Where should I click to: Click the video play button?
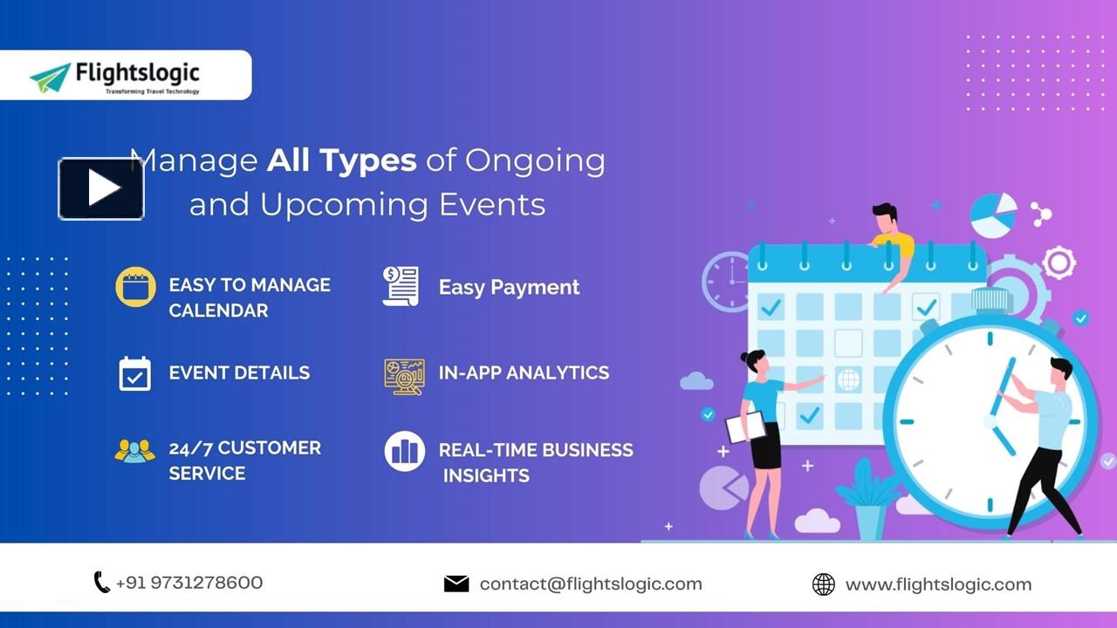(x=101, y=188)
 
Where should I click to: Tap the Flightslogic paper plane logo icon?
(x=51, y=78)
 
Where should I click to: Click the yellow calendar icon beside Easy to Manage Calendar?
(x=135, y=287)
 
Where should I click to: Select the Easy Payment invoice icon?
(x=401, y=286)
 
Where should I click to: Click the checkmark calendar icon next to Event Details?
(x=135, y=373)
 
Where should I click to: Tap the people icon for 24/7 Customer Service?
(x=134, y=451)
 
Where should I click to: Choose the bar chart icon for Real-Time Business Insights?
(x=404, y=451)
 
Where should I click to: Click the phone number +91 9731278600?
(x=188, y=583)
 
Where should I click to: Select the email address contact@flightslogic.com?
(x=590, y=584)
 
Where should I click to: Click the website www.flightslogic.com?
(x=938, y=584)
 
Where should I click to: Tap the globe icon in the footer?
(x=823, y=584)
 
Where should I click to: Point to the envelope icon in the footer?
(x=456, y=584)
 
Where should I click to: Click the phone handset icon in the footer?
(x=101, y=583)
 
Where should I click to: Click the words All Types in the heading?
(x=341, y=160)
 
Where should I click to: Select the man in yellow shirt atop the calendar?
(x=890, y=240)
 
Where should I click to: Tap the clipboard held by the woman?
(x=744, y=427)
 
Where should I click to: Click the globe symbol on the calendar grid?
(x=847, y=379)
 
